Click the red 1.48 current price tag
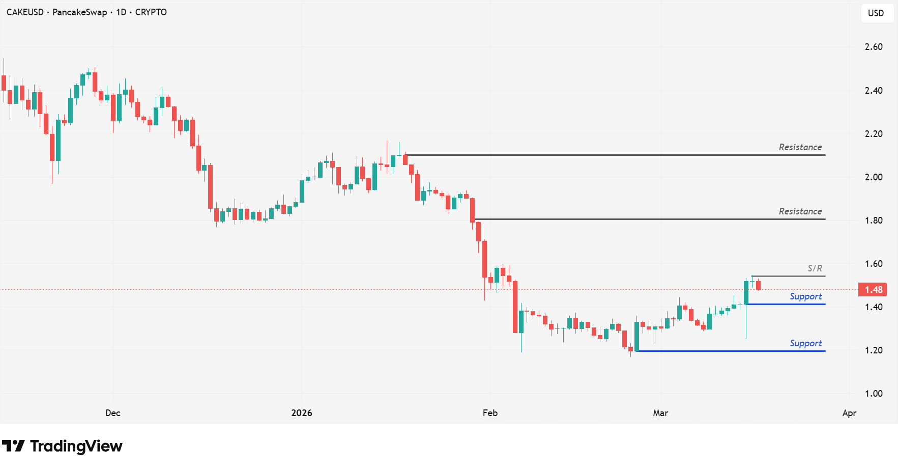(873, 290)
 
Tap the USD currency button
(876, 13)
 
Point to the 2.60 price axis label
(874, 47)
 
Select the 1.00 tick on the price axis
(874, 394)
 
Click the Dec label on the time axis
(113, 413)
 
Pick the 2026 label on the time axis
(302, 413)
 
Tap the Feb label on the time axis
(490, 413)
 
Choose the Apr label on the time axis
(849, 413)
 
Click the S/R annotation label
(815, 268)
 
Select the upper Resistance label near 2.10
(800, 147)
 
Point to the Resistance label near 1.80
(800, 211)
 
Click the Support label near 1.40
(805, 296)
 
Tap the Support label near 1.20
(805, 343)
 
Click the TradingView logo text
(76, 446)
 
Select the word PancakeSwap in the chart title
(80, 12)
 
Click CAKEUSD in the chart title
(25, 12)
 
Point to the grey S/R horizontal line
(789, 276)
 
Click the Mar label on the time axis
(660, 413)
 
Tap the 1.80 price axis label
(874, 220)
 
